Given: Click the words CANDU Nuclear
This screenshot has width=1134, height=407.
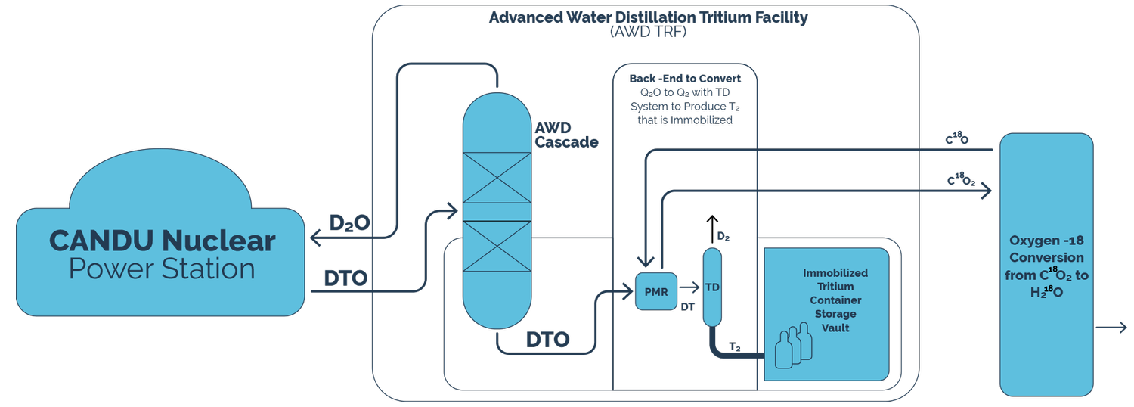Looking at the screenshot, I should click(x=162, y=241).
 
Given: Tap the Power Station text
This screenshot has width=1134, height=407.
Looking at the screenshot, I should click(x=162, y=269).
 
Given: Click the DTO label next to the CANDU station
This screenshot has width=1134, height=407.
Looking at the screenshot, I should click(x=345, y=278).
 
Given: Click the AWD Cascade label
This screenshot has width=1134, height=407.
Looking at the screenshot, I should click(x=566, y=135).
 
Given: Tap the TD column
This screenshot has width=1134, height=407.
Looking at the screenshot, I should click(x=712, y=287).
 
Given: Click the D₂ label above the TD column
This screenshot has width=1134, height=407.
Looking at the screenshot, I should click(x=723, y=238).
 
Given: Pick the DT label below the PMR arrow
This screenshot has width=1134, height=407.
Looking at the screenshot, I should click(x=688, y=306).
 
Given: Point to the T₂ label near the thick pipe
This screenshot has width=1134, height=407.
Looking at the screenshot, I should click(x=734, y=346).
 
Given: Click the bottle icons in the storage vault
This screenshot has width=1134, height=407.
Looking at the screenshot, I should click(x=793, y=343).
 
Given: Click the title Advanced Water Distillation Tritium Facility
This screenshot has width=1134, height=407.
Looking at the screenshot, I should click(x=648, y=17).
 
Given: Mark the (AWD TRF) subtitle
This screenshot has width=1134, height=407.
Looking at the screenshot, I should click(x=647, y=33).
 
